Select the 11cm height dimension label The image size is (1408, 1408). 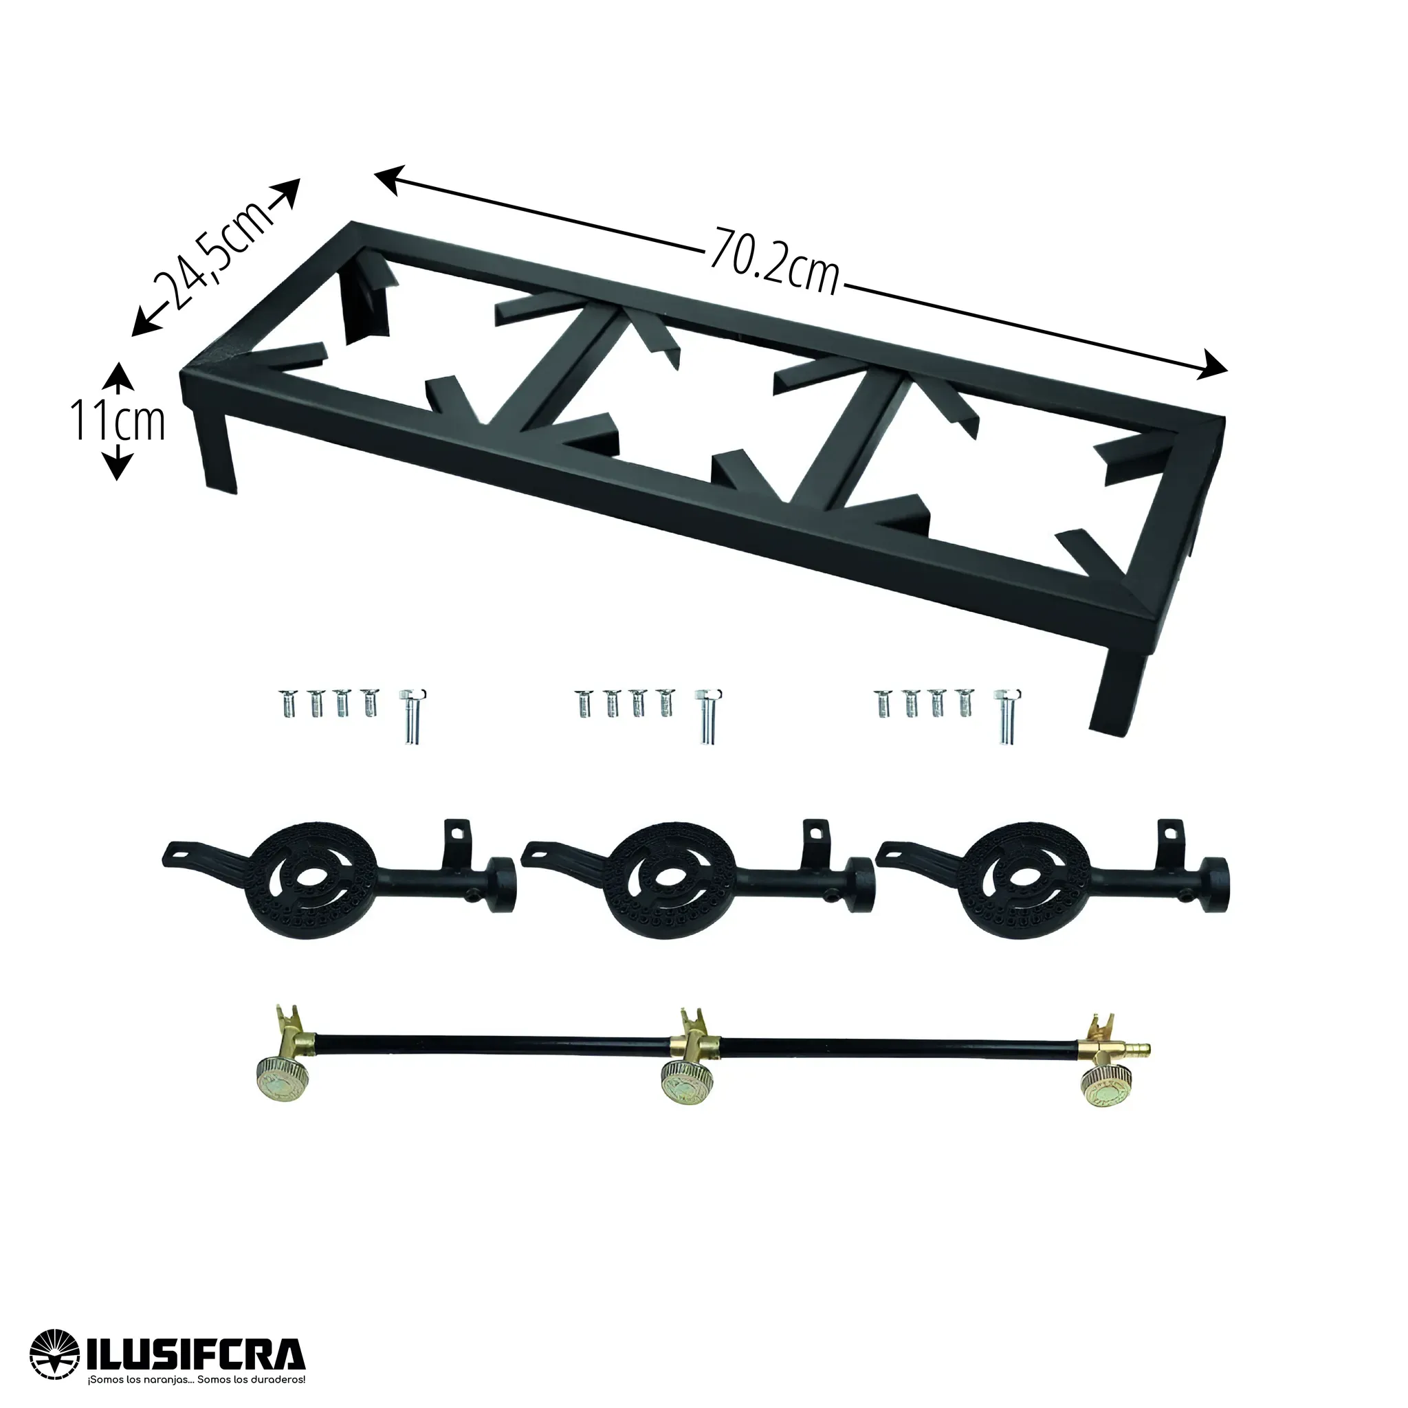119,422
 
